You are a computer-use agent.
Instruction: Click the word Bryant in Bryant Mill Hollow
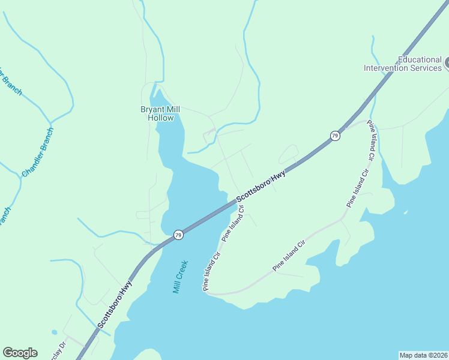tap(152, 109)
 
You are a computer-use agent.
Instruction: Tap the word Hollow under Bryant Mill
tap(161, 118)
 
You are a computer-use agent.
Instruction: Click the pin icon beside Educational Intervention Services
tap(447, 62)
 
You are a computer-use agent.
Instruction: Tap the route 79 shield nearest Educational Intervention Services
tap(334, 136)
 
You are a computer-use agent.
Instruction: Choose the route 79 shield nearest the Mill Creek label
tap(178, 235)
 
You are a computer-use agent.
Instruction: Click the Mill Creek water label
tap(181, 276)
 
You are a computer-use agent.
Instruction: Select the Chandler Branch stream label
tap(37, 152)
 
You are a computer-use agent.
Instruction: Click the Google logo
tap(20, 353)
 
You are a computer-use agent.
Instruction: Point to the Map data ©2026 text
tap(423, 355)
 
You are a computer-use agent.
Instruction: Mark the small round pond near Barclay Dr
tap(55, 332)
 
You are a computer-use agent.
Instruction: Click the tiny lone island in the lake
tap(406, 212)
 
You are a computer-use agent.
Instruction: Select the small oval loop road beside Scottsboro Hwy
tap(288, 154)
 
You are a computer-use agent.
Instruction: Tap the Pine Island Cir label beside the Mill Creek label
tap(212, 271)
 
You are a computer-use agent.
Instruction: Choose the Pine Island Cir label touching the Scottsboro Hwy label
tap(234, 224)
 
